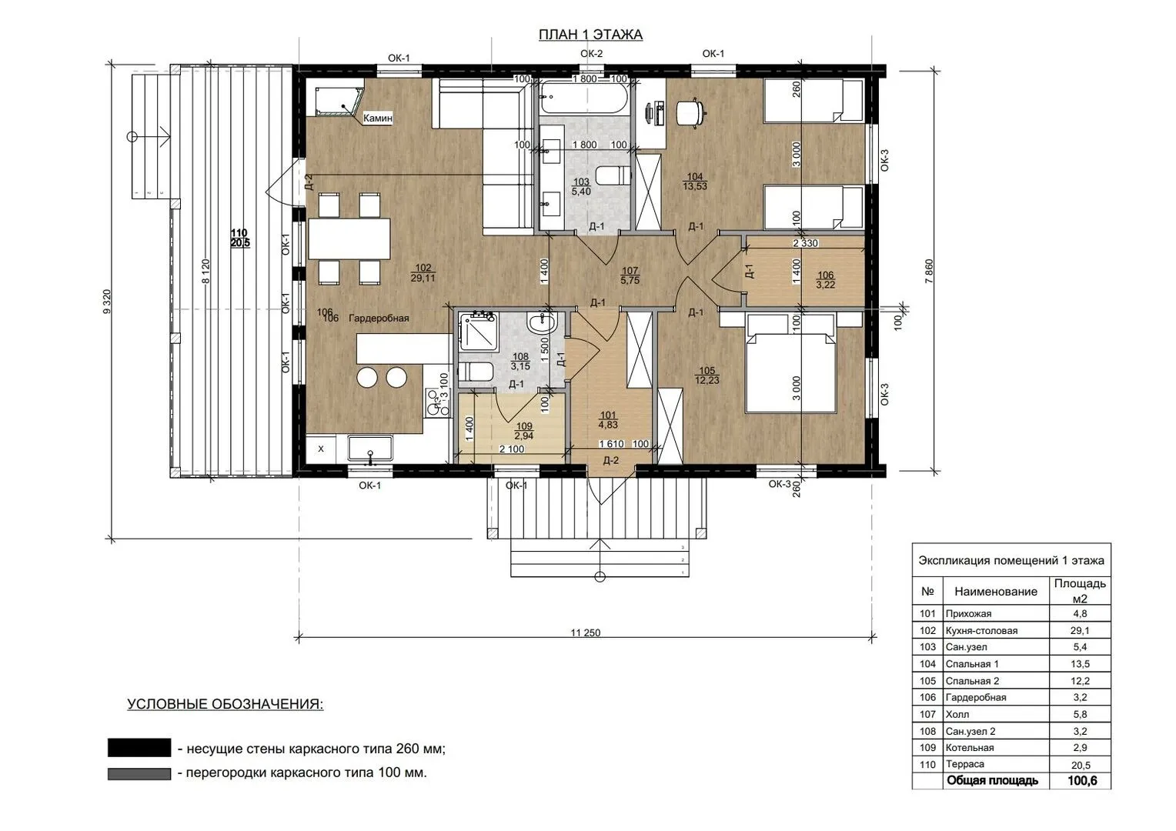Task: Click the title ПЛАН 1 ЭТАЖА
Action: point(590,35)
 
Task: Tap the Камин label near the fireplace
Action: point(377,118)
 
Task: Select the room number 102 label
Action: point(423,269)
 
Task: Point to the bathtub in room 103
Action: point(583,97)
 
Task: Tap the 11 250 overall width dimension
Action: point(586,632)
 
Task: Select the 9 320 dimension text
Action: point(107,302)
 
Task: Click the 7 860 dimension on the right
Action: point(929,272)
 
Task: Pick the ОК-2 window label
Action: point(591,54)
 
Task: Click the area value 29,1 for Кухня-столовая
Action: point(1080,630)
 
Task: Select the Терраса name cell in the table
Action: point(965,764)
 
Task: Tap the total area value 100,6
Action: point(1082,781)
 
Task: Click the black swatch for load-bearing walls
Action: point(139,748)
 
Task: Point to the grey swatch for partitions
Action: point(139,774)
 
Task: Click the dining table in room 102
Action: point(349,239)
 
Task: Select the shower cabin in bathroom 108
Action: point(477,331)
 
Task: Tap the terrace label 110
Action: point(239,232)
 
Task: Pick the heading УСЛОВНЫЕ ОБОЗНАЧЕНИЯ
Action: point(226,704)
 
